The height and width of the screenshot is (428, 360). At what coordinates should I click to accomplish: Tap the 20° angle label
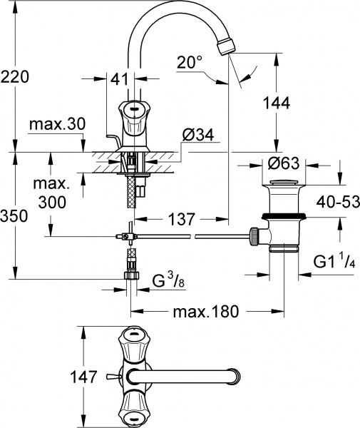(190, 63)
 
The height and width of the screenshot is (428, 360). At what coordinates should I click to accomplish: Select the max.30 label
(58, 124)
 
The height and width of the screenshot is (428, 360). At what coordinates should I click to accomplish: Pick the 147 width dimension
(84, 377)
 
